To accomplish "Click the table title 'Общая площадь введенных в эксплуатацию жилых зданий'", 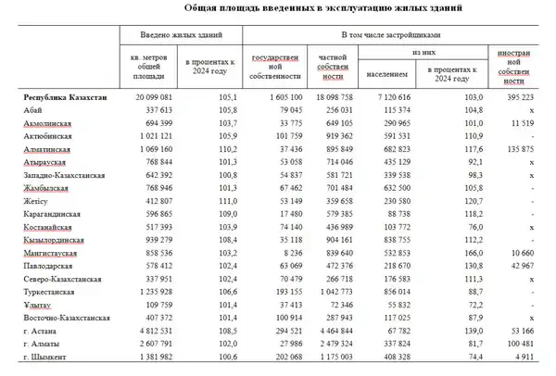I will (x=278, y=8).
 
